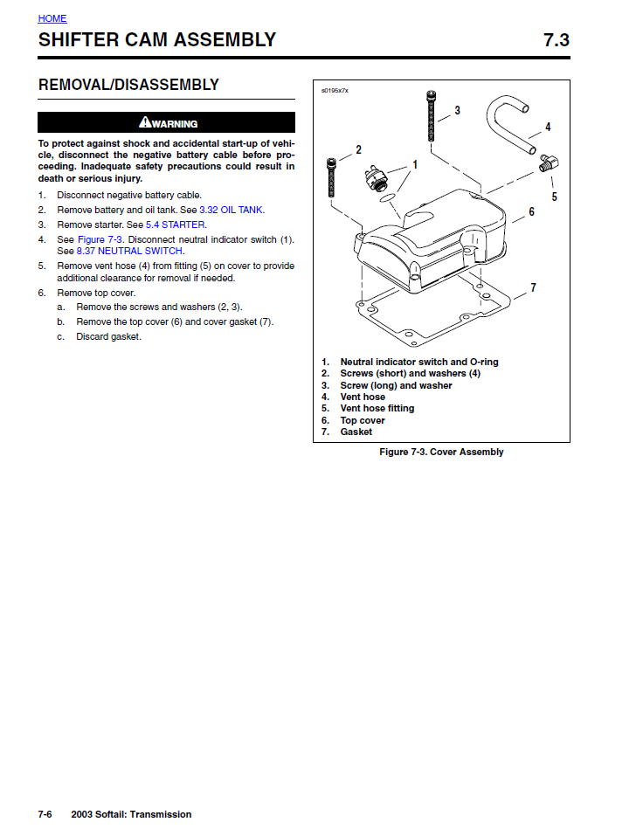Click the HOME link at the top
click(x=52, y=18)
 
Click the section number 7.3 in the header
click(x=556, y=40)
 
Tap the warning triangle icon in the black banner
click(x=145, y=122)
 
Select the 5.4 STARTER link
click(x=176, y=225)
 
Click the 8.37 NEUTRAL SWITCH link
click(x=130, y=251)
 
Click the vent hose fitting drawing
click(x=550, y=163)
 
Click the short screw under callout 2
click(x=331, y=178)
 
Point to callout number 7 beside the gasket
click(x=533, y=287)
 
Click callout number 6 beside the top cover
click(x=531, y=211)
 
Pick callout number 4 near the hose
click(x=548, y=127)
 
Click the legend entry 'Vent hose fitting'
click(x=377, y=408)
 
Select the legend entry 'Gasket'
click(x=356, y=432)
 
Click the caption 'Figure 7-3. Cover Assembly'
click(x=441, y=452)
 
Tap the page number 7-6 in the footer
click(x=45, y=814)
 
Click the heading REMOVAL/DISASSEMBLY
click(x=128, y=85)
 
